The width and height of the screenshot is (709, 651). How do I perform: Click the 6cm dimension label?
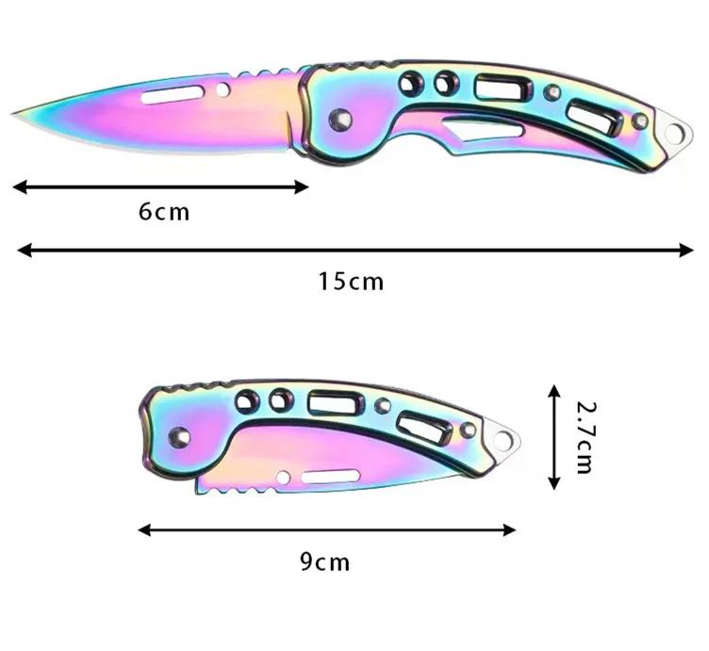[164, 212]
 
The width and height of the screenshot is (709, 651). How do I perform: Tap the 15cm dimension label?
[351, 281]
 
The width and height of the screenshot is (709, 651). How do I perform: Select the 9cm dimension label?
[325, 562]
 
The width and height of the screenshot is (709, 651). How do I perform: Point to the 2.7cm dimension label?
[585, 436]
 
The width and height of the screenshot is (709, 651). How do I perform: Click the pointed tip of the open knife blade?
[15, 113]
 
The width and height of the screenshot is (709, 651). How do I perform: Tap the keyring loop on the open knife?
[673, 133]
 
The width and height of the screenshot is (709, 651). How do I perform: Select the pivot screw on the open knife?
[340, 119]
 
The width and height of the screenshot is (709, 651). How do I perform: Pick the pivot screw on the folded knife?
[177, 436]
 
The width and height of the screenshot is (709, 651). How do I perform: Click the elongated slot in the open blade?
[168, 94]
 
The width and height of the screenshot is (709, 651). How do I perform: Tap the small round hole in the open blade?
[223, 90]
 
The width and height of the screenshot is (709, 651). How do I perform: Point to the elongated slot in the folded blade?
[331, 477]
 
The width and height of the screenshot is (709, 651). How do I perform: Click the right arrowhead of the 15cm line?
[688, 250]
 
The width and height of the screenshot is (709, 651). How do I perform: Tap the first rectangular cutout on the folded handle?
[326, 405]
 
